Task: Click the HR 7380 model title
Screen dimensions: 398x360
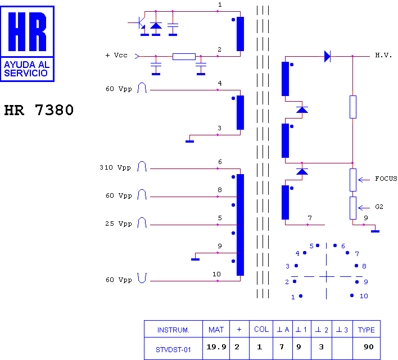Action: (x=39, y=110)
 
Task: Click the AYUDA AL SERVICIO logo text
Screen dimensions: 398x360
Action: (x=26, y=69)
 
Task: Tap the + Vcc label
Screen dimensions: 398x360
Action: (x=116, y=55)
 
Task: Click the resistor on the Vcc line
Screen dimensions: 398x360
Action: (x=184, y=57)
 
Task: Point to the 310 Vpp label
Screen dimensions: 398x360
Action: (x=115, y=167)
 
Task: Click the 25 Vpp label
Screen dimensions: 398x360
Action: (x=119, y=224)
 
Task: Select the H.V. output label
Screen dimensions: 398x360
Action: (x=383, y=55)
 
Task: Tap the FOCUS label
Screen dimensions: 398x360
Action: (x=386, y=179)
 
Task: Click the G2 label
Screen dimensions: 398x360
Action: (x=379, y=207)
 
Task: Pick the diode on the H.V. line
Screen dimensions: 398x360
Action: (x=327, y=56)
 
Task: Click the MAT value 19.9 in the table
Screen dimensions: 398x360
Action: (x=216, y=347)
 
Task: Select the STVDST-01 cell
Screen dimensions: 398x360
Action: (x=173, y=350)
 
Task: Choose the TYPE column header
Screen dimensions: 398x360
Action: (x=367, y=330)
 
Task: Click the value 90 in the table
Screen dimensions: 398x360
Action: (x=369, y=347)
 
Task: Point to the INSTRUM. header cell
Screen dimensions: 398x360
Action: (x=173, y=330)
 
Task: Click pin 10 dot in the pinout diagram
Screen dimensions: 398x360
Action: (x=352, y=295)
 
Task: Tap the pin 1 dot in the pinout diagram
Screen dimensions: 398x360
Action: (x=301, y=296)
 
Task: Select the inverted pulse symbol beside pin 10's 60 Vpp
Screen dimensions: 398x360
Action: (x=142, y=278)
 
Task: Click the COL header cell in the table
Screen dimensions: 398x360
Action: (x=261, y=329)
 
